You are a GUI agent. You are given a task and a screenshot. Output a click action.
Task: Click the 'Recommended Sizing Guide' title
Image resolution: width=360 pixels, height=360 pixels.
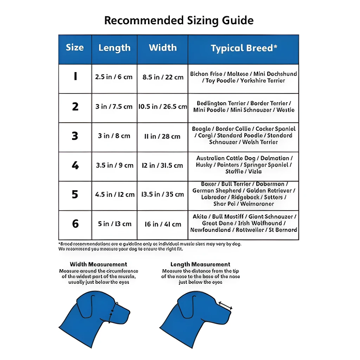point(179,20)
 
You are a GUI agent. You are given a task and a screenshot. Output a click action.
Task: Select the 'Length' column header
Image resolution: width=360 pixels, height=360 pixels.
point(114,48)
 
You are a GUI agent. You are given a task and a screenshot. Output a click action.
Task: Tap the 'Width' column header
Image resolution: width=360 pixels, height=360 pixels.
point(163,48)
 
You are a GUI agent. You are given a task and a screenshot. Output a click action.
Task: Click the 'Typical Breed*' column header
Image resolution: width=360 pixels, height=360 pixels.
point(244,49)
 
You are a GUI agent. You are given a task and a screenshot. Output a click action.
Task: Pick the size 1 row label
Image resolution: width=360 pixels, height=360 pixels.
point(75,77)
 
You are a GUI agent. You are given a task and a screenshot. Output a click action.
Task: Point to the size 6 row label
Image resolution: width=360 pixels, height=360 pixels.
point(75,224)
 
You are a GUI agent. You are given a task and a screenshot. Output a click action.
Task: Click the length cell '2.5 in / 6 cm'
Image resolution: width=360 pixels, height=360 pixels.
point(114,77)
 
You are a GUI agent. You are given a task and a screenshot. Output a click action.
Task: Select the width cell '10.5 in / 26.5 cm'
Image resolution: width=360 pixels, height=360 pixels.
point(162,107)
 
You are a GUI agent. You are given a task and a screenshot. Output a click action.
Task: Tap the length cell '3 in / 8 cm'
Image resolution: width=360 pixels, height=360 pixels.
point(114,136)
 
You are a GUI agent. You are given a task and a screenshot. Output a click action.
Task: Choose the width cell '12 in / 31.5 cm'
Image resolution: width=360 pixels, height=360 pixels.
point(162,165)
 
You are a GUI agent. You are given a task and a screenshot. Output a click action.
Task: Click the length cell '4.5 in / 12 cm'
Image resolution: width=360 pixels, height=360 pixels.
point(115,194)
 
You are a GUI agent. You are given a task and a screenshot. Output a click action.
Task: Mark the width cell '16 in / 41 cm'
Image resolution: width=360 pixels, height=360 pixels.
point(163,224)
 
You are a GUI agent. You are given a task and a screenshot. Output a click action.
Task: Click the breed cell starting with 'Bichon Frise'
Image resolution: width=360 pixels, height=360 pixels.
point(243,77)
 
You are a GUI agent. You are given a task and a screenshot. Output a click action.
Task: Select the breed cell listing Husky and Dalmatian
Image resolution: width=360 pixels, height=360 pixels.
point(244,165)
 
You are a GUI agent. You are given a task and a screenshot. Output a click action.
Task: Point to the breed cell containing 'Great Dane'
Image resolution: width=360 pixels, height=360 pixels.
point(244,223)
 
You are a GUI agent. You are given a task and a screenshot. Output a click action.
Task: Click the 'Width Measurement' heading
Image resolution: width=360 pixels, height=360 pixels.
point(98,264)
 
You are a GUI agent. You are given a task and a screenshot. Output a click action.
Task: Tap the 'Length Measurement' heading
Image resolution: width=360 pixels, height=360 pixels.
point(200,264)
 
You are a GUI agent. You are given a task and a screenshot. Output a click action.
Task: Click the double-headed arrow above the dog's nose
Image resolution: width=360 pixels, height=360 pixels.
point(225,306)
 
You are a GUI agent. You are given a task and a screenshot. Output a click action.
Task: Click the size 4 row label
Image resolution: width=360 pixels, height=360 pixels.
point(75,165)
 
